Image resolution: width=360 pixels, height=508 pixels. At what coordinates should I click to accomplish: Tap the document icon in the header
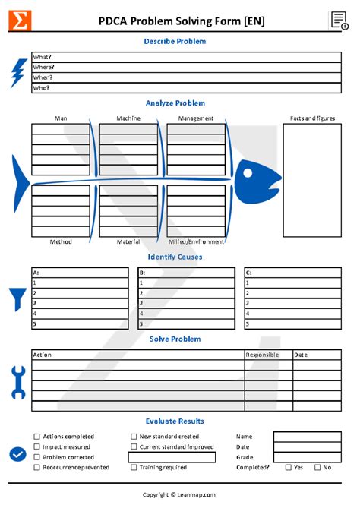[339, 21]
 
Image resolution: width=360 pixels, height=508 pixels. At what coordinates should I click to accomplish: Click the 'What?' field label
[42, 57]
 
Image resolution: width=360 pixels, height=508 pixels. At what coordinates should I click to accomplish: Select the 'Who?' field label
[41, 88]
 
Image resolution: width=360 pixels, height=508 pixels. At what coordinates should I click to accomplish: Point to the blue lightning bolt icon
[18, 73]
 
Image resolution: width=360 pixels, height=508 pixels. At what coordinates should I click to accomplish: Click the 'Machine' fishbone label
[128, 118]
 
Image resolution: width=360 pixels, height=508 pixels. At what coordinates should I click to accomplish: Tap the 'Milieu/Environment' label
[196, 241]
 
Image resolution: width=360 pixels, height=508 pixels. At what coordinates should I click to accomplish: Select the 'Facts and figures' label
[312, 118]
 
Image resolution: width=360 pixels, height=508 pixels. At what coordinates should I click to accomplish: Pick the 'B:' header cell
[142, 272]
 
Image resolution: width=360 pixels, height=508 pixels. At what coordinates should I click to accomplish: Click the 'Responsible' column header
[262, 355]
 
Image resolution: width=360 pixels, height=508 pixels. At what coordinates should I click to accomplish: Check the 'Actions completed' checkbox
[36, 437]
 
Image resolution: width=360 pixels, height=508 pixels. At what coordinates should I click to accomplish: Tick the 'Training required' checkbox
[134, 467]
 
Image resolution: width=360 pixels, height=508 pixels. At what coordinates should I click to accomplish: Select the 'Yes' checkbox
[288, 467]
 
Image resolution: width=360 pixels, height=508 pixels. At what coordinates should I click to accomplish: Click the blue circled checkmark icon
[18, 454]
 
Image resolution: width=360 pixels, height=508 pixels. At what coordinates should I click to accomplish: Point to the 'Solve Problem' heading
[175, 339]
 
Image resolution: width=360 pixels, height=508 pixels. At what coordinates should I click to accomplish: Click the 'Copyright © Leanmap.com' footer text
[179, 494]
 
